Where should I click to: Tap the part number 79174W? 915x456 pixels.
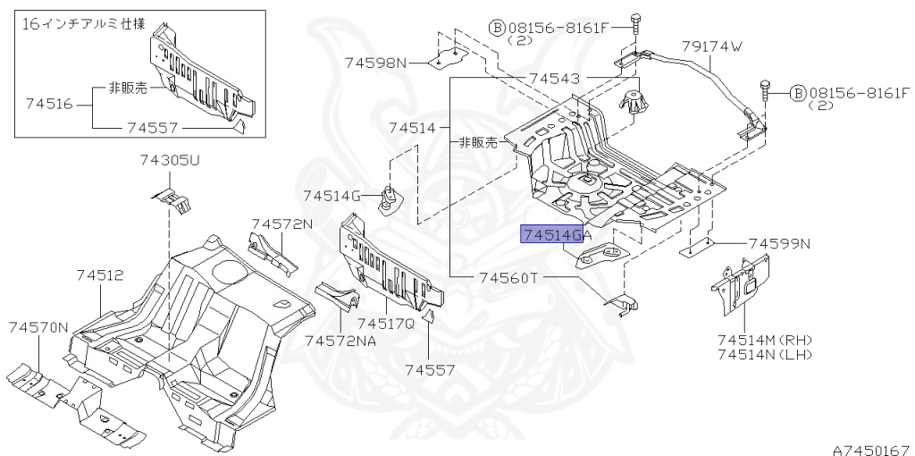point(711,46)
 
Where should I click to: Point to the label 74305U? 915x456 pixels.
point(170,161)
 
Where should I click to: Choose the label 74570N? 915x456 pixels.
point(38,328)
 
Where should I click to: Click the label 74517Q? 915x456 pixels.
point(386,324)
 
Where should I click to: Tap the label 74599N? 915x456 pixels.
point(779,243)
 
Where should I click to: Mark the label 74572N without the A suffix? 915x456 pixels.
point(281,224)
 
